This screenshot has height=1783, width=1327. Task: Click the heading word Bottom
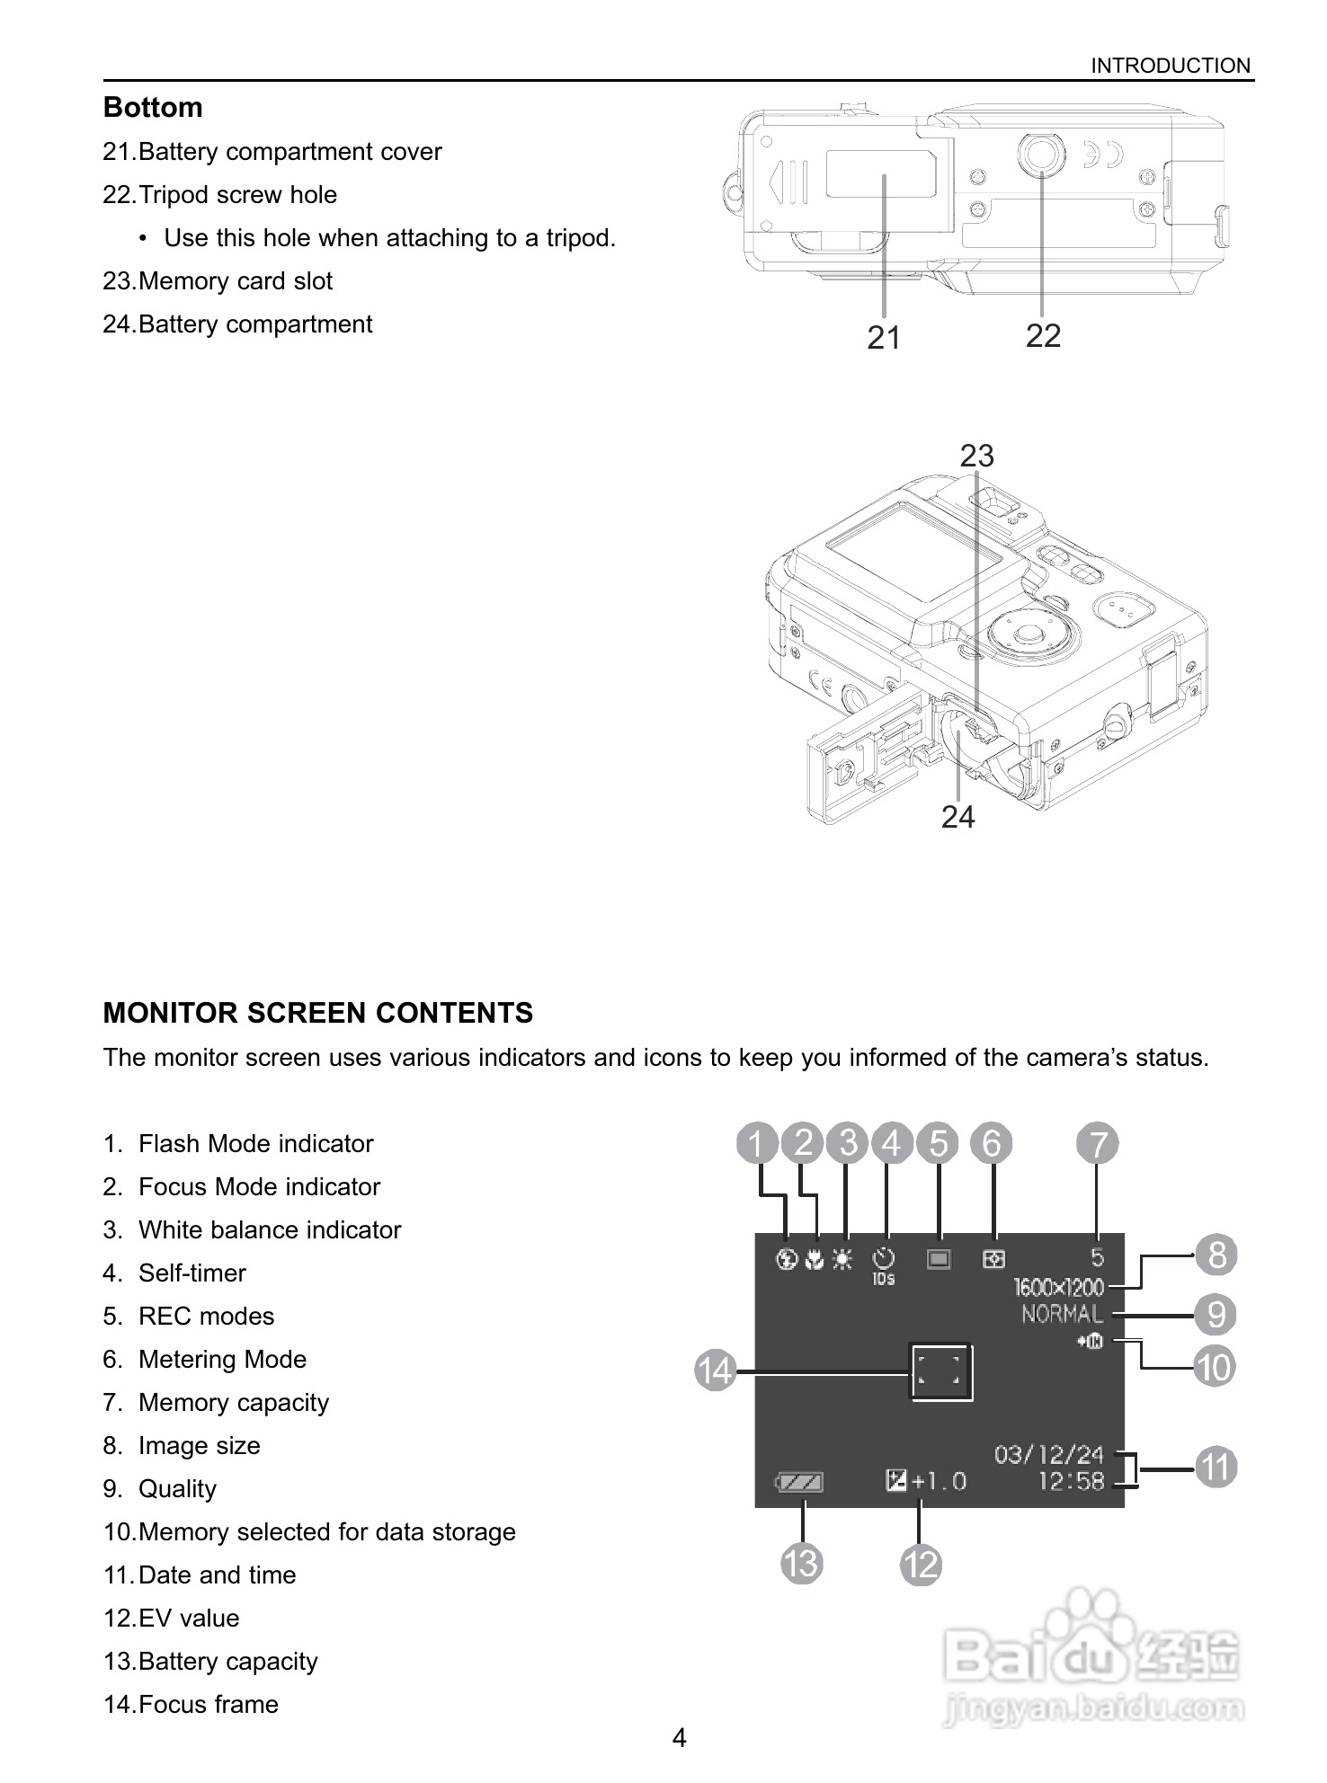coord(153,107)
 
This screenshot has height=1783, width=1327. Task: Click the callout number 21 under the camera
coord(884,338)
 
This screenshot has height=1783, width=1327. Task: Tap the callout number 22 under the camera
coord(1043,336)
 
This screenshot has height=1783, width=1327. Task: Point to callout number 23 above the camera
coord(976,457)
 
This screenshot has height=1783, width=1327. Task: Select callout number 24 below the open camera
coord(957,817)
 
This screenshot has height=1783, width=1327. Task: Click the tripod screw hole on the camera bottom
coord(1041,155)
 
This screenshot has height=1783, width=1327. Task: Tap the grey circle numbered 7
coord(1098,1144)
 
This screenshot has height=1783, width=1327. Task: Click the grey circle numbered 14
coord(717,1371)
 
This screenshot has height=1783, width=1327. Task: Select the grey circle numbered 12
coord(921,1565)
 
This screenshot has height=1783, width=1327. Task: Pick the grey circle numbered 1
coord(757,1144)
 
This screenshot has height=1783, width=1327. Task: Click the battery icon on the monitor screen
coord(799,1482)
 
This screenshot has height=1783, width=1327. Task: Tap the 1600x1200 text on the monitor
coord(1058,1287)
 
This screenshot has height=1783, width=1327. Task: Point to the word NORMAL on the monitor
coord(1062,1315)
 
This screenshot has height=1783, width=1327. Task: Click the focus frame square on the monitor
coord(940,1371)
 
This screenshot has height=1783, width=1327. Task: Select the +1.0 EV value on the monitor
coord(939,1480)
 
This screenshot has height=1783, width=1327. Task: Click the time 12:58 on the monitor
coord(1070,1481)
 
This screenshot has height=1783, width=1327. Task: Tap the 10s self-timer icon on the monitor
coord(885,1265)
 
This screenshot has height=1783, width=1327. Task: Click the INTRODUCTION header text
coord(1170,66)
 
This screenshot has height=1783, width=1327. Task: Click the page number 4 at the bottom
coord(679,1738)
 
